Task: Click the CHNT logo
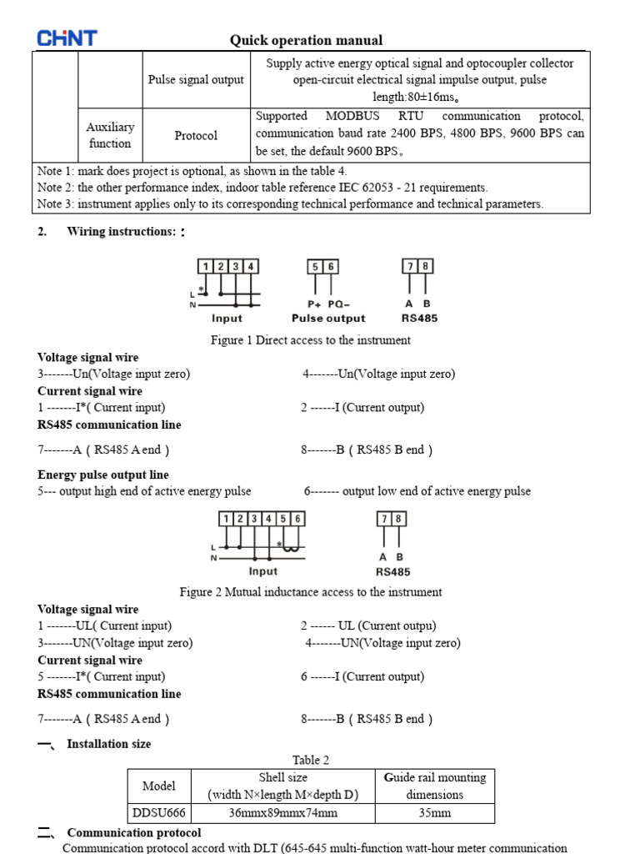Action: pyautogui.click(x=67, y=38)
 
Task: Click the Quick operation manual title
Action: pyautogui.click(x=306, y=40)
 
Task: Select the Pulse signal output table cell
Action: pyautogui.click(x=196, y=80)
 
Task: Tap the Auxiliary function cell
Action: pyautogui.click(x=110, y=135)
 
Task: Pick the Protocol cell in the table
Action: pyautogui.click(x=196, y=135)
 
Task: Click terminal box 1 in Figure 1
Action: pyautogui.click(x=205, y=267)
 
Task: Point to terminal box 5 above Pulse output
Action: pyautogui.click(x=314, y=267)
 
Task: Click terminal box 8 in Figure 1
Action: pyautogui.click(x=426, y=267)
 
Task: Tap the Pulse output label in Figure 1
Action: pyautogui.click(x=328, y=319)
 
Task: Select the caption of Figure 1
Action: pyautogui.click(x=310, y=340)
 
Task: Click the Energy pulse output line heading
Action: pyautogui.click(x=103, y=475)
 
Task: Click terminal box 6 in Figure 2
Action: pyautogui.click(x=297, y=519)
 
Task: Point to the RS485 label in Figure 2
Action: pyautogui.click(x=392, y=572)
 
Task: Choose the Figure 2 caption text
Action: pyautogui.click(x=311, y=592)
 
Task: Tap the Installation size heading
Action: pyautogui.click(x=108, y=743)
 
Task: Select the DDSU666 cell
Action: pyautogui.click(x=159, y=812)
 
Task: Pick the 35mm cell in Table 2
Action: pyautogui.click(x=434, y=812)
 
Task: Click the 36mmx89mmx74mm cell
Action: pyautogui.click(x=283, y=812)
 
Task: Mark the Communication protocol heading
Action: pyautogui.click(x=133, y=832)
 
